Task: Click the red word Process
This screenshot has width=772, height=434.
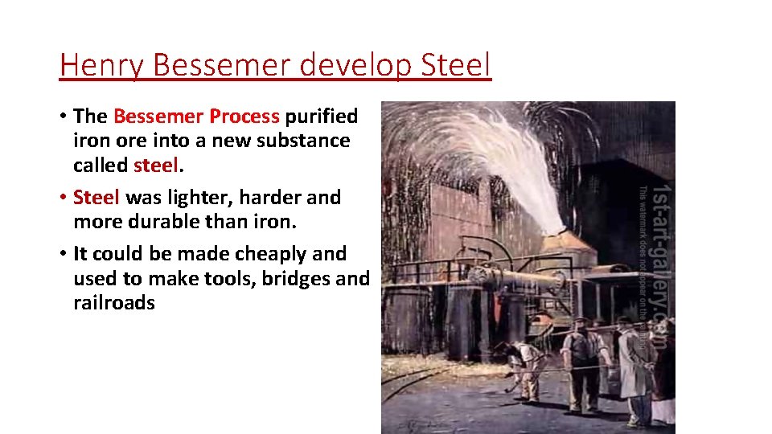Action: [244, 117]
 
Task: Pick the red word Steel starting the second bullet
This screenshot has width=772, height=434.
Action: [96, 197]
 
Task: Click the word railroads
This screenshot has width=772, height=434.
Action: [113, 303]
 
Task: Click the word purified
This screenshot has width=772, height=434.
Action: [321, 117]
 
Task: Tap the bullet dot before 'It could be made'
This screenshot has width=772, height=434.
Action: [63, 254]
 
